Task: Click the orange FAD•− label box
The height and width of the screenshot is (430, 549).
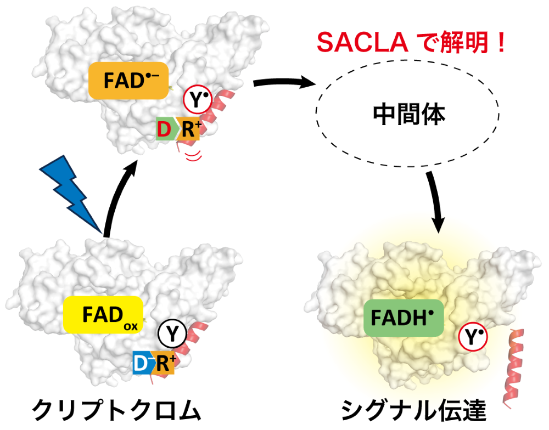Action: [128, 81]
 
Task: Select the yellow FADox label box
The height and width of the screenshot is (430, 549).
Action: [103, 314]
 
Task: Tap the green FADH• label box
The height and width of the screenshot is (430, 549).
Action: [404, 318]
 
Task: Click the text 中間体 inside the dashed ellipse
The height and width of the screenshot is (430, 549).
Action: [408, 115]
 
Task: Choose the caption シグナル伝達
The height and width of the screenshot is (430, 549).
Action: [414, 410]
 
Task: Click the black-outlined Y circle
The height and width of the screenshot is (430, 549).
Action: [172, 333]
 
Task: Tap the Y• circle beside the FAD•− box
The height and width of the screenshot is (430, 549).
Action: [198, 99]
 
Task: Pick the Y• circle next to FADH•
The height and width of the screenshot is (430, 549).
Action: [473, 337]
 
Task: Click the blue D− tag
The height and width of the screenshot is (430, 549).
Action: [142, 363]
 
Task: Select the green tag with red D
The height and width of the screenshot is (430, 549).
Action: [165, 129]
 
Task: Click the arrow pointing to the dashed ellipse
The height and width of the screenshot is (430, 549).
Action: [284, 83]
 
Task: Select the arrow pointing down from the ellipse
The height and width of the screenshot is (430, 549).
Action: [435, 201]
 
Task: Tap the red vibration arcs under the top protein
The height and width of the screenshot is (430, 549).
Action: [194, 156]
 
